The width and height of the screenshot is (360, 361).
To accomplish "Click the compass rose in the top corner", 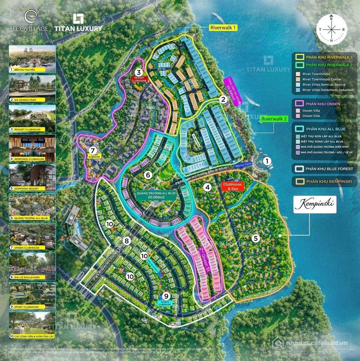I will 331,29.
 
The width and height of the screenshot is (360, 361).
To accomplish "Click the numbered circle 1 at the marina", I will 267,161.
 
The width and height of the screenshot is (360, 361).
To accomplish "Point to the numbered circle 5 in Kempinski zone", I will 256,238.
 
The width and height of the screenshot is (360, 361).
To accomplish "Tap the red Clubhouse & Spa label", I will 233,186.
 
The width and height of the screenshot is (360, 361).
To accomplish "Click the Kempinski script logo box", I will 315,205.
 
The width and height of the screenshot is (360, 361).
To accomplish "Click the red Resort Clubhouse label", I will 139,79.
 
